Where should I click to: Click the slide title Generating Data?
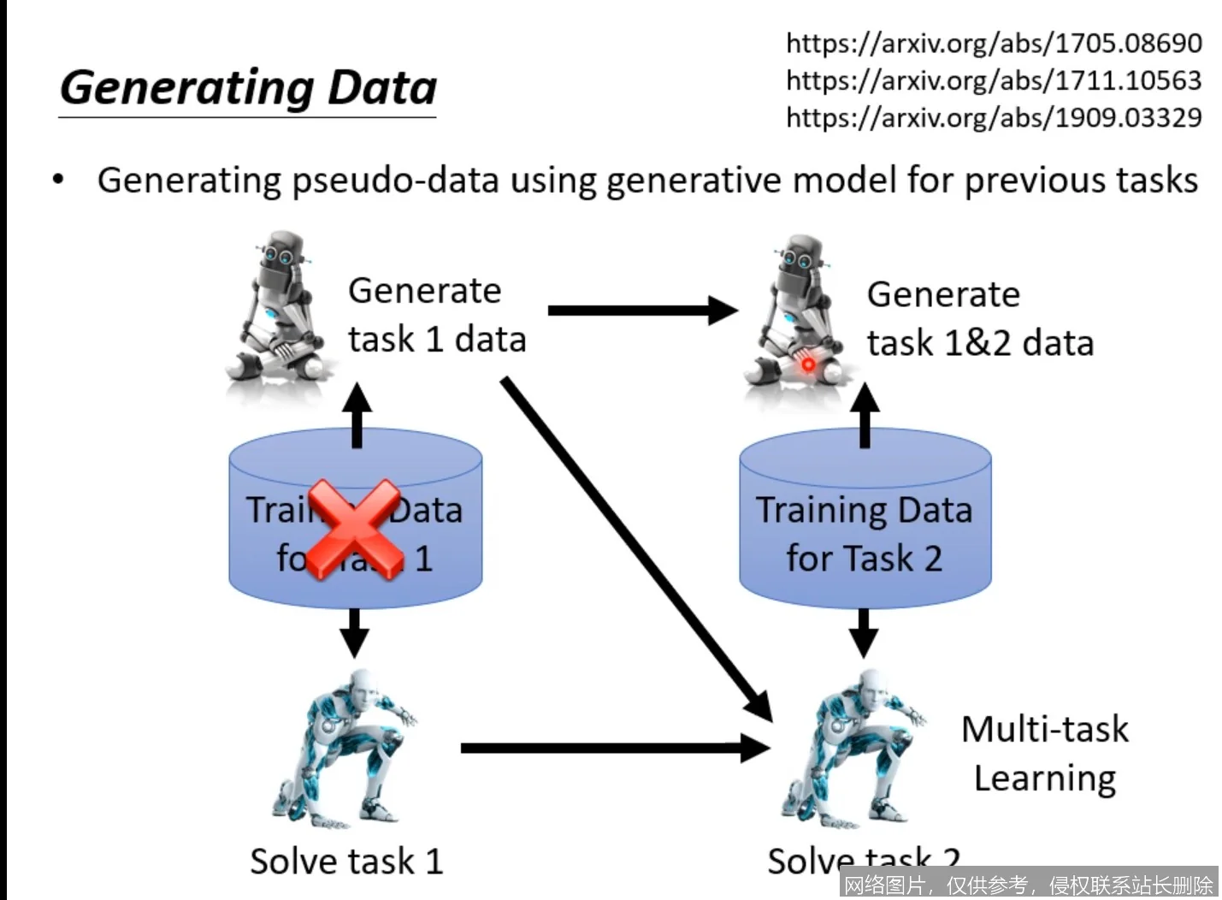pyautogui.click(x=248, y=88)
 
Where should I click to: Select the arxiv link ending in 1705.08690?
pyautogui.click(x=994, y=43)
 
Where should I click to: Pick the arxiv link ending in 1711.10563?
pyautogui.click(x=994, y=80)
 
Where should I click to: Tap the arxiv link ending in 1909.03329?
pyautogui.click(x=994, y=117)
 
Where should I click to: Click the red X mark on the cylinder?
pyautogui.click(x=354, y=530)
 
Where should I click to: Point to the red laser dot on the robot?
pyautogui.click(x=807, y=365)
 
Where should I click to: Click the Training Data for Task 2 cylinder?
pyautogui.click(x=865, y=522)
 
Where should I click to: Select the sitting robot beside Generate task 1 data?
pyautogui.click(x=277, y=312)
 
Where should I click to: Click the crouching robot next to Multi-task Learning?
pyautogui.click(x=855, y=749)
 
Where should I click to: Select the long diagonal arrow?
pyautogui.click(x=636, y=548)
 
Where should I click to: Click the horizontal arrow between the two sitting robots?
pyautogui.click(x=641, y=311)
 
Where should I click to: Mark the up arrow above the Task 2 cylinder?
pyautogui.click(x=865, y=415)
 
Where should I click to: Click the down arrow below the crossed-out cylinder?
pyautogui.click(x=354, y=631)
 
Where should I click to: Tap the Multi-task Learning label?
pyautogui.click(x=1044, y=754)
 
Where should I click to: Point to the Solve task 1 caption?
pyautogui.click(x=346, y=861)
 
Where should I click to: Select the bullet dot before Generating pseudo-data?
pyautogui.click(x=58, y=180)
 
